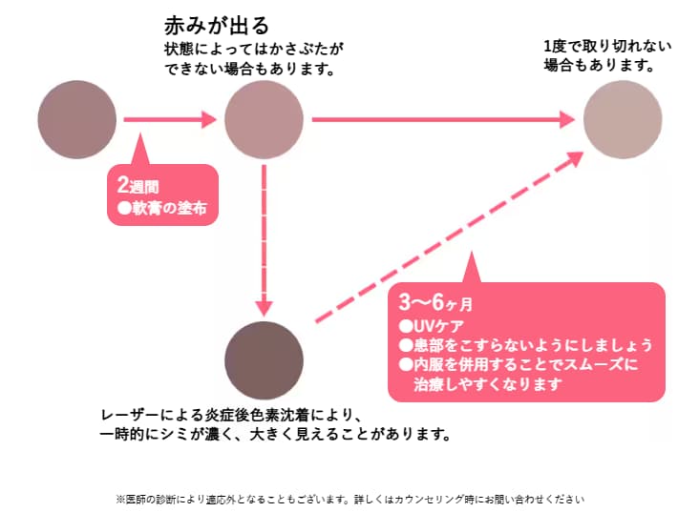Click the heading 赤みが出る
pyautogui.click(x=217, y=24)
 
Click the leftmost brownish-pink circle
pyautogui.click(x=76, y=120)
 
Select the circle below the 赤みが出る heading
pyautogui.click(x=264, y=120)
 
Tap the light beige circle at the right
pyautogui.click(x=621, y=120)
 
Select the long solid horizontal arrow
pyautogui.click(x=443, y=120)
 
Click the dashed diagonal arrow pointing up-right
pyautogui.click(x=449, y=238)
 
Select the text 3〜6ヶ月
pyautogui.click(x=435, y=303)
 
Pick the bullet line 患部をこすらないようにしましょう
pyautogui.click(x=525, y=344)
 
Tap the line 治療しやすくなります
pyautogui.click(x=487, y=385)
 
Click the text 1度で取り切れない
pyautogui.click(x=607, y=46)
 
